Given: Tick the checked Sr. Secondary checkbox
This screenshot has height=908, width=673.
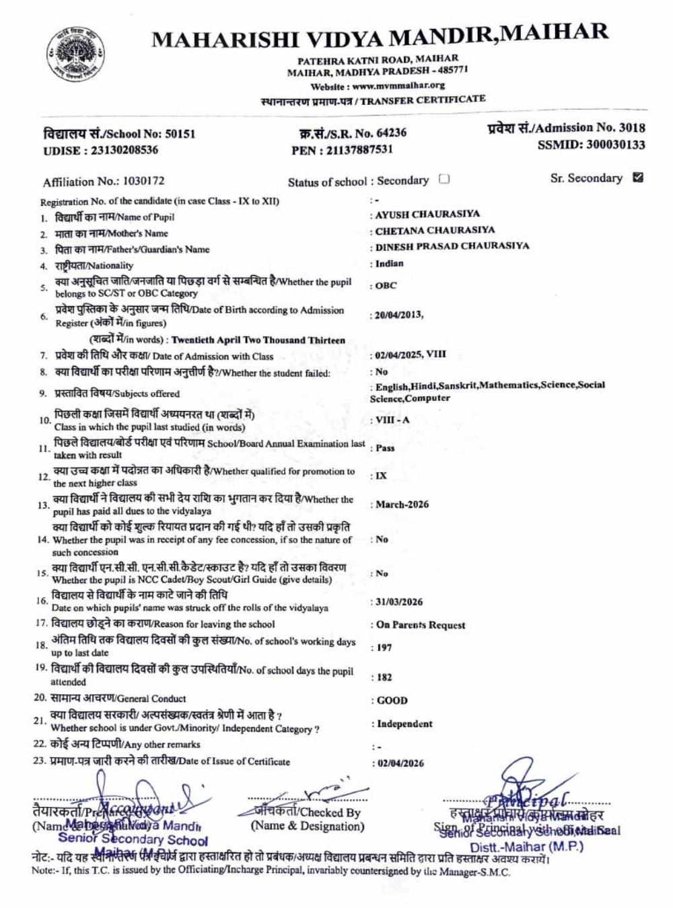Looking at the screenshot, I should tap(638, 178).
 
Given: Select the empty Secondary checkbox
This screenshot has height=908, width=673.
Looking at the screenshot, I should tap(444, 179).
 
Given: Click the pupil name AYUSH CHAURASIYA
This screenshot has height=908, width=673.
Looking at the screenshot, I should tap(427, 215).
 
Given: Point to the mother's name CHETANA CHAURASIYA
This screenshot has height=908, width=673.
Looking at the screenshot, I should tap(435, 230).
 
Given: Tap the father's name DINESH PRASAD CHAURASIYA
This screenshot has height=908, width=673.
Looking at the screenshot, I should tap(452, 246).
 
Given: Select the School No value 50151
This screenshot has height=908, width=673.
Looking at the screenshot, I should tap(180, 134).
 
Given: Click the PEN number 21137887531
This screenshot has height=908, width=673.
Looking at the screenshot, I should tap(360, 149).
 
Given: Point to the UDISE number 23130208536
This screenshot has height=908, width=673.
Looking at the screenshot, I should tap(122, 150).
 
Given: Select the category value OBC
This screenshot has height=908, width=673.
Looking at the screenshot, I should tap(386, 286).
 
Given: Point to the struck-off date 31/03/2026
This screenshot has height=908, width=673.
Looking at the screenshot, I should tap(400, 602).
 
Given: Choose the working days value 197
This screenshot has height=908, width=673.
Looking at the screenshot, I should tap(384, 648).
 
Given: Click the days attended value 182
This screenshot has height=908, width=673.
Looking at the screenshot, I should tap(384, 677).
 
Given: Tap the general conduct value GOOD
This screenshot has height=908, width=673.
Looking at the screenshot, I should tap(392, 700).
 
